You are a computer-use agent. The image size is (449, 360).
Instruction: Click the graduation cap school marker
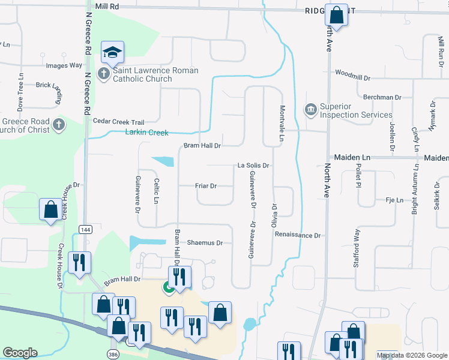click(x=112, y=52)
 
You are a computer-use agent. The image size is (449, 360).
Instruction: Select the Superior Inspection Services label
click(x=355, y=110)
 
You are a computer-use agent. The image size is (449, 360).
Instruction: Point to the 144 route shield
click(x=86, y=229)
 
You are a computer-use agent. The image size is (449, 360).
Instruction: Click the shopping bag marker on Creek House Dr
click(x=50, y=209)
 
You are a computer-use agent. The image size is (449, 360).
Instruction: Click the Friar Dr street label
click(x=206, y=186)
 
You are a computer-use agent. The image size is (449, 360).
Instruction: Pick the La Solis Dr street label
click(x=253, y=165)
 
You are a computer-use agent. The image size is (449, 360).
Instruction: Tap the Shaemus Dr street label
click(x=205, y=243)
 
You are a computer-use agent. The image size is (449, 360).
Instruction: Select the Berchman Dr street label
click(x=382, y=97)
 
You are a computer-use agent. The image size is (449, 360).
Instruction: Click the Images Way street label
click(x=64, y=65)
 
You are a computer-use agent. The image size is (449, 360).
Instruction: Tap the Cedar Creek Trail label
click(x=119, y=121)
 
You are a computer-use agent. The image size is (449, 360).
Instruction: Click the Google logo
click(x=20, y=353)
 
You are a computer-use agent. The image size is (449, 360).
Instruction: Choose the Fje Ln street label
click(x=394, y=200)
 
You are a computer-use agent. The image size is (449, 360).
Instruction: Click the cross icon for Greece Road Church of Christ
click(x=58, y=125)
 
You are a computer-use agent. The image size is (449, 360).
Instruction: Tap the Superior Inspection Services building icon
click(x=310, y=110)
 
